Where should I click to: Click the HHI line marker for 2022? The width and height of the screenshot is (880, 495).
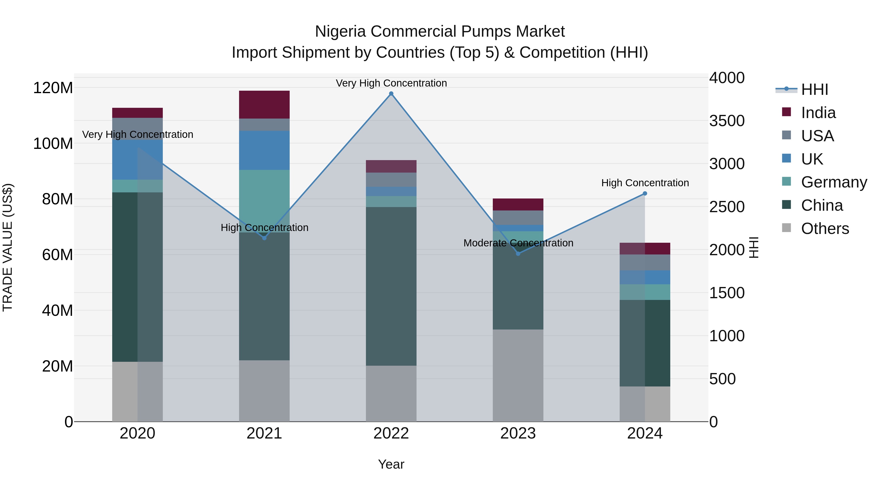click(391, 94)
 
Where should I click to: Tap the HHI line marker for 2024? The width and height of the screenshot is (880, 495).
click(645, 193)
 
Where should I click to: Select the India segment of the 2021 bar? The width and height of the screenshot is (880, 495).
click(264, 105)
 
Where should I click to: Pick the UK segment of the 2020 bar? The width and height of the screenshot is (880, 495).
click(137, 160)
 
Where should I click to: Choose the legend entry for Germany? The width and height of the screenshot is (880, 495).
click(834, 182)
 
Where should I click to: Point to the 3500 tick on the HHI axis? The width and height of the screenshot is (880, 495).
click(727, 121)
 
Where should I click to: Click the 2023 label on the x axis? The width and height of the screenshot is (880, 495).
click(518, 433)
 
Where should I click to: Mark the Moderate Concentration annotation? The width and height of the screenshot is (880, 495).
click(518, 243)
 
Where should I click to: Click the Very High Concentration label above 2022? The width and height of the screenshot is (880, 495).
click(391, 83)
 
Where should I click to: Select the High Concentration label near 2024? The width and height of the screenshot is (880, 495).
click(645, 183)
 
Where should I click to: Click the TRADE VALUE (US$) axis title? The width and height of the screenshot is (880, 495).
click(8, 247)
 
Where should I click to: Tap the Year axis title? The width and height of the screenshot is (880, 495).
click(391, 464)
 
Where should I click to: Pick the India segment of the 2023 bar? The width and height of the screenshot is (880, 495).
click(518, 204)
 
